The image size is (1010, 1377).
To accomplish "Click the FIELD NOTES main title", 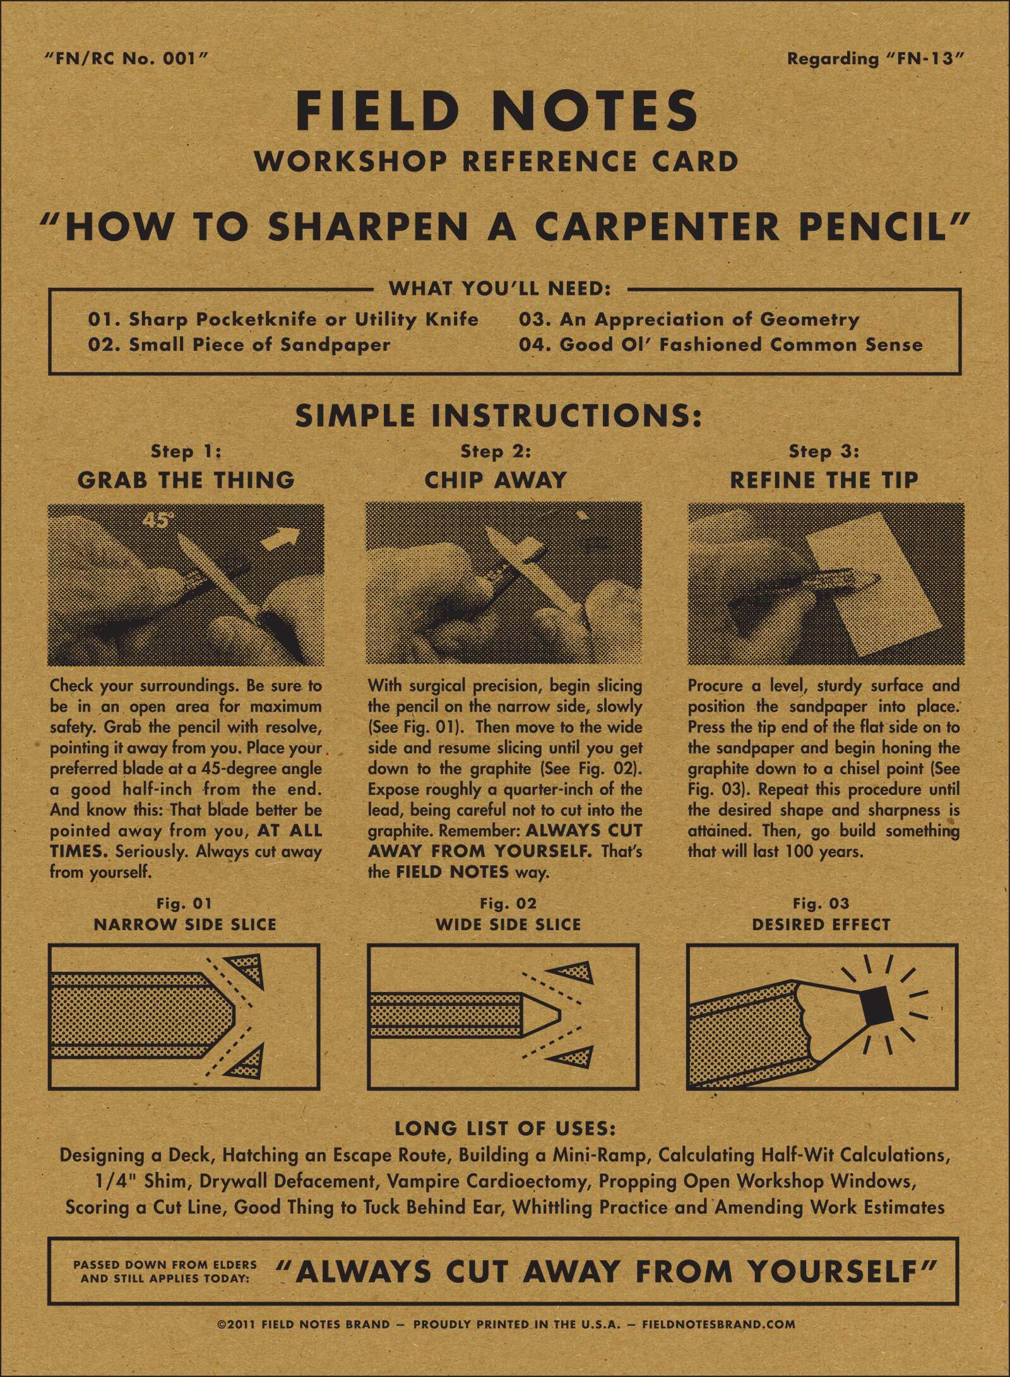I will tap(497, 111).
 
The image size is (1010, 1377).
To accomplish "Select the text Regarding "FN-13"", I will tap(877, 59).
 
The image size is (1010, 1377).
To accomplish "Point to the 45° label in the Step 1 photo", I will tap(158, 521).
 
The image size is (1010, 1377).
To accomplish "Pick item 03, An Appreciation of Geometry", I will tap(689, 319).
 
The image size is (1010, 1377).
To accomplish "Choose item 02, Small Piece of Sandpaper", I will tap(239, 345).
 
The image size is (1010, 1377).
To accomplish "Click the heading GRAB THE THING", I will tap(186, 480).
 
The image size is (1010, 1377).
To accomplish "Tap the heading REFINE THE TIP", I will tap(824, 480).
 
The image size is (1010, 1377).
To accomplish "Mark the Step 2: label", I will tap(496, 452).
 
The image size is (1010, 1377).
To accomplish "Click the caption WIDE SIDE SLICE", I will tap(508, 925).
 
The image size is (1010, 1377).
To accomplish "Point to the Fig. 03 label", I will tap(821, 904).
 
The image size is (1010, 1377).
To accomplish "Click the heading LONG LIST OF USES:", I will tap(505, 1128).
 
